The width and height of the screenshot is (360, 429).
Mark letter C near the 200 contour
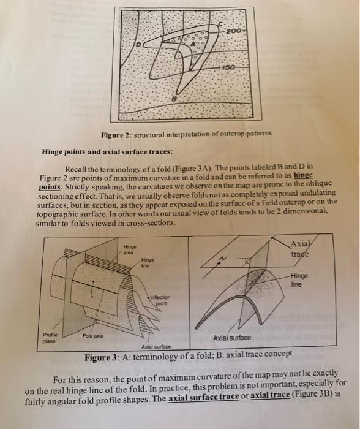[x=220, y=25]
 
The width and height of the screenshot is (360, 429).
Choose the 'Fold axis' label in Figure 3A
[x=91, y=336]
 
